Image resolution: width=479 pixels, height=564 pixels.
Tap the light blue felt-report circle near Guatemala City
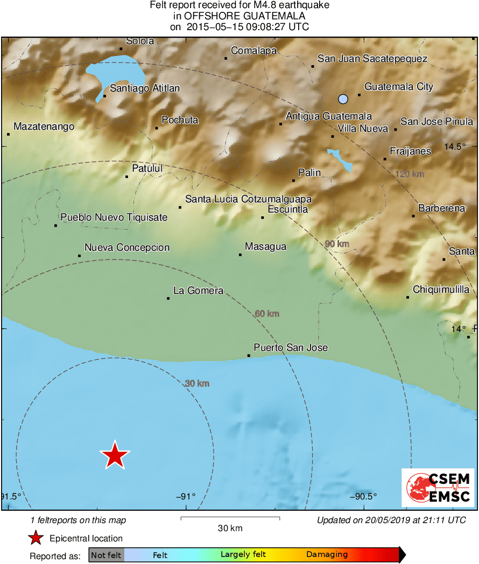(x=343, y=98)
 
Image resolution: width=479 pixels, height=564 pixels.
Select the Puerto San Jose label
(x=291, y=348)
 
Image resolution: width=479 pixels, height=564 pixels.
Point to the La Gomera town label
(x=198, y=291)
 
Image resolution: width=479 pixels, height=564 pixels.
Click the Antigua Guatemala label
(x=328, y=116)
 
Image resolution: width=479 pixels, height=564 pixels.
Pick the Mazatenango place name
(x=44, y=126)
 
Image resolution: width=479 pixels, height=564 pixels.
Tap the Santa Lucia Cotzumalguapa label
(x=248, y=199)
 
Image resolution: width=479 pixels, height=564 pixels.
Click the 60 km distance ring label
(x=267, y=313)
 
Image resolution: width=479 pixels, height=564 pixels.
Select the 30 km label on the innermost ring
(x=196, y=383)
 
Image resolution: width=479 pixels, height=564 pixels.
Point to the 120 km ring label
(x=410, y=174)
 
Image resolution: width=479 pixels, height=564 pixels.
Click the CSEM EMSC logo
(x=438, y=488)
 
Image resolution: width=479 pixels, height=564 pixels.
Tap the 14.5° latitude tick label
(x=454, y=146)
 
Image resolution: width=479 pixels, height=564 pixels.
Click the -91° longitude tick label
(x=186, y=496)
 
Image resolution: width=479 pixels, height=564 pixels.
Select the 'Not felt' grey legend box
(x=106, y=555)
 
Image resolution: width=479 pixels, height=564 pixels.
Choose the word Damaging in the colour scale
(x=327, y=555)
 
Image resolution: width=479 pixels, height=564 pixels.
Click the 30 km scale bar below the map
(x=230, y=518)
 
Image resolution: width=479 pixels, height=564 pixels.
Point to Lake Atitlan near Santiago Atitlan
(x=118, y=70)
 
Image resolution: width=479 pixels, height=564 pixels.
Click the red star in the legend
(x=36, y=538)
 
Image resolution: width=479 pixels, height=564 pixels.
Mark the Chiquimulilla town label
(x=441, y=290)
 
